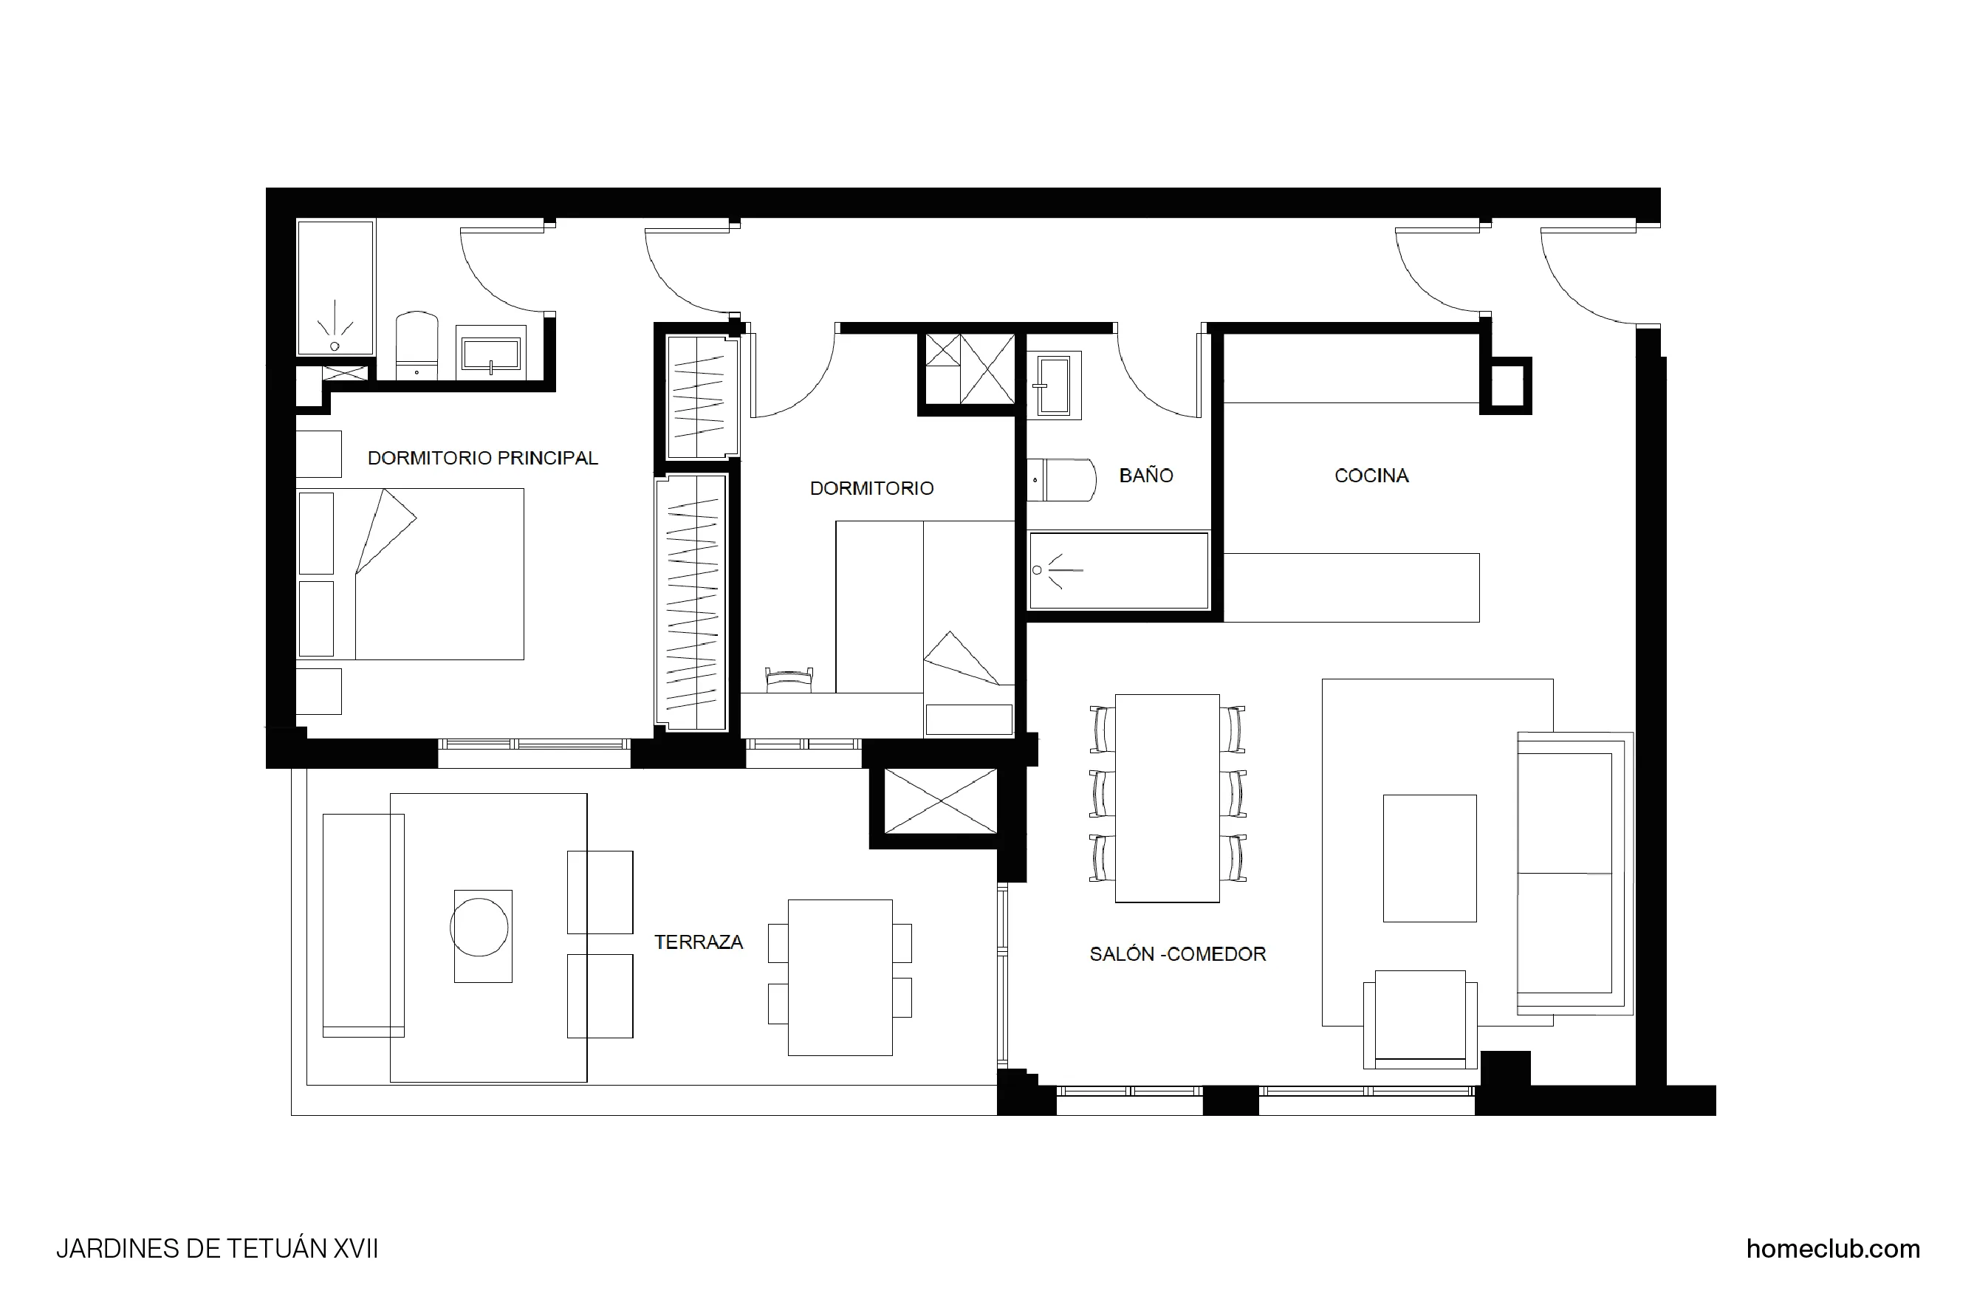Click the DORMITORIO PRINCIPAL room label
click(482, 459)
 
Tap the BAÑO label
click(1145, 476)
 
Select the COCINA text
click(1371, 476)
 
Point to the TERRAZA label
click(699, 942)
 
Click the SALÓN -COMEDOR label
click(1177, 954)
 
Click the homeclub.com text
click(1832, 1249)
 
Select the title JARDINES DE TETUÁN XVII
click(216, 1249)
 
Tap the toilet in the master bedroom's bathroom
click(417, 346)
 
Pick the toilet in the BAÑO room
click(1061, 480)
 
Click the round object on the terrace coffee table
click(479, 928)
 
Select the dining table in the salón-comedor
click(1167, 798)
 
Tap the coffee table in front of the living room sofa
click(1429, 857)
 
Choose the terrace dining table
click(839, 978)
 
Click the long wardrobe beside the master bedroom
click(691, 603)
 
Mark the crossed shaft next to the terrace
click(940, 801)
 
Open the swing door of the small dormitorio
click(793, 377)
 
